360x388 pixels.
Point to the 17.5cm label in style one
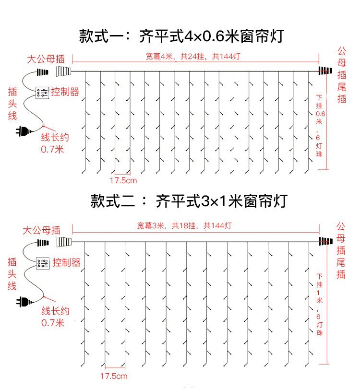(123, 180)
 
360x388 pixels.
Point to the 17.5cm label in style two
(114, 374)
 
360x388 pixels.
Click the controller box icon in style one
(42, 93)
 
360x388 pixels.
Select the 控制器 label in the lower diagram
(66, 262)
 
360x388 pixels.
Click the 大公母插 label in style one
(45, 59)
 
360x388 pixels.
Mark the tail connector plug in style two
(326, 241)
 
